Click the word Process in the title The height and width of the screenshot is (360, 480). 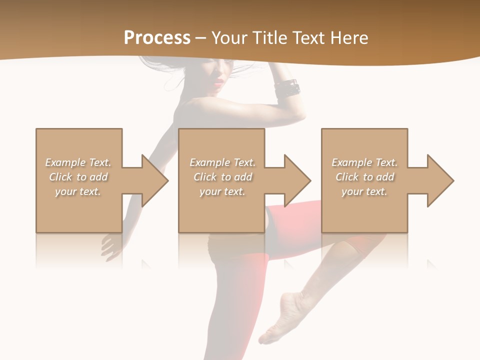(x=157, y=38)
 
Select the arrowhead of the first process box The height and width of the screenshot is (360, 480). (x=152, y=180)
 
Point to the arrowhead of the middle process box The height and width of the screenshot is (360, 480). (x=294, y=180)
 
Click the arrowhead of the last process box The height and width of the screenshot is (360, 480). (x=437, y=180)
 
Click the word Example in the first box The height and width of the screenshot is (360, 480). (x=65, y=162)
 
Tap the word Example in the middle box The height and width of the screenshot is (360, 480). (x=209, y=162)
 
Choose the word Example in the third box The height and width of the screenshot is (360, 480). (x=351, y=162)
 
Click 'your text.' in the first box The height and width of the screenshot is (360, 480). (x=78, y=191)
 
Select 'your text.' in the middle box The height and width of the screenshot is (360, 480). (x=222, y=191)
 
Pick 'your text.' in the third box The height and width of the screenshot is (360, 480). (x=364, y=191)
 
